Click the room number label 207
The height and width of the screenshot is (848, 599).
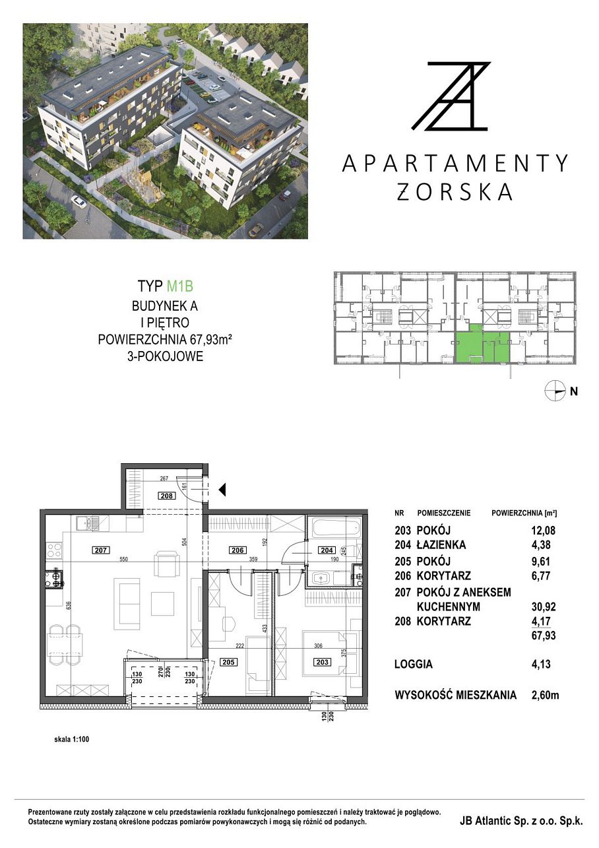[101, 550]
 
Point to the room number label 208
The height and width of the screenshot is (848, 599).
[166, 496]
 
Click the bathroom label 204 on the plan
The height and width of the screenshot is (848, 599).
[327, 550]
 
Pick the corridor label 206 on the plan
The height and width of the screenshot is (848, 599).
[237, 550]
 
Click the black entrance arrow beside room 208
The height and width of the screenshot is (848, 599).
[222, 490]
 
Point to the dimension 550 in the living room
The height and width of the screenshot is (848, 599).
[123, 559]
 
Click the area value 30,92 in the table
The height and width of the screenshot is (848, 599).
[544, 607]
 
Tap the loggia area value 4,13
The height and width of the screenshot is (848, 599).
[541, 664]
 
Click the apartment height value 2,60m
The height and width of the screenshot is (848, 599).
[546, 695]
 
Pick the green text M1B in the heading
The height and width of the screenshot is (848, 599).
[180, 286]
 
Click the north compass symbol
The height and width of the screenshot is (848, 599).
[554, 390]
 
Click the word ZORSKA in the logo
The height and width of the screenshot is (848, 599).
[454, 192]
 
